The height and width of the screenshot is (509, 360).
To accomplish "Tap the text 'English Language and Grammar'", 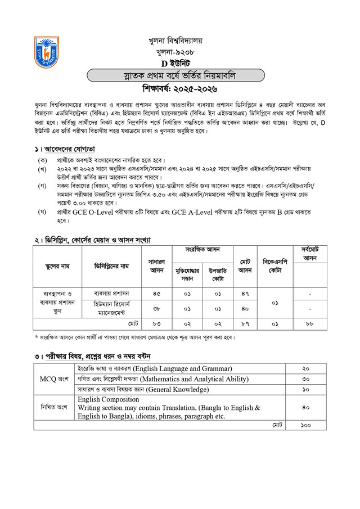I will click(184, 368).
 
